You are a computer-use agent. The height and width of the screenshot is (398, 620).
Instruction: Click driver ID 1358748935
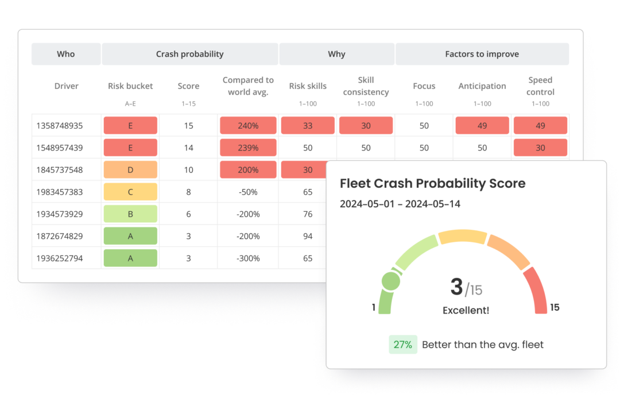[59, 126]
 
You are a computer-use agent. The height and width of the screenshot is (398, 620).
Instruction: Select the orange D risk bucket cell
[130, 170]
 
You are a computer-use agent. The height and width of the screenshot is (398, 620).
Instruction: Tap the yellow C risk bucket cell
[130, 192]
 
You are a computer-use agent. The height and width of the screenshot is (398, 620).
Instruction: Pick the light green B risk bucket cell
[130, 214]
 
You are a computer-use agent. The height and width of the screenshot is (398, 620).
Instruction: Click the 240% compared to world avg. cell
[248, 126]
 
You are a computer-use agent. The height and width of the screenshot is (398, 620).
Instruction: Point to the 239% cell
[248, 148]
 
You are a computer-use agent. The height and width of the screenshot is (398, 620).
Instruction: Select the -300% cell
[248, 258]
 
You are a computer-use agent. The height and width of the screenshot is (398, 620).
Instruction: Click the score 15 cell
[188, 126]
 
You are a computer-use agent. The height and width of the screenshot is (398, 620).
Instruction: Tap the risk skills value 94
[308, 236]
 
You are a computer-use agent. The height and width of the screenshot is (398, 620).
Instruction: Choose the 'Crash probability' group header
[189, 54]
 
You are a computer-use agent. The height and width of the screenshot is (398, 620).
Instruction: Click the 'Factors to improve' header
[482, 54]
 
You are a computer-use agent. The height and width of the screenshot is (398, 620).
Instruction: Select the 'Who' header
[66, 54]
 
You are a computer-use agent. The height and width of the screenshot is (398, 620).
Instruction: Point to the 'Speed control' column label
[540, 86]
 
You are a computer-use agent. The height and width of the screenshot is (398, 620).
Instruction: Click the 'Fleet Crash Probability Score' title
[432, 184]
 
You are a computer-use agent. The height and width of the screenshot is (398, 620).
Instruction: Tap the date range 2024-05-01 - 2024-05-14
[400, 204]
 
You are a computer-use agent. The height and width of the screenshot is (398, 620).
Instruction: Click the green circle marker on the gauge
[391, 281]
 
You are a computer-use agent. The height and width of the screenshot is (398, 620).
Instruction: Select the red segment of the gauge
[537, 290]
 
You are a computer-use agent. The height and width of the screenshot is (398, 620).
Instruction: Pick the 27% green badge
[402, 345]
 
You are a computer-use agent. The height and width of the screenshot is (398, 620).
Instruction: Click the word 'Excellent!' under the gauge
[466, 310]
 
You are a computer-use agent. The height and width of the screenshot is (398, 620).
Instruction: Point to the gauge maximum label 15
[555, 307]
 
